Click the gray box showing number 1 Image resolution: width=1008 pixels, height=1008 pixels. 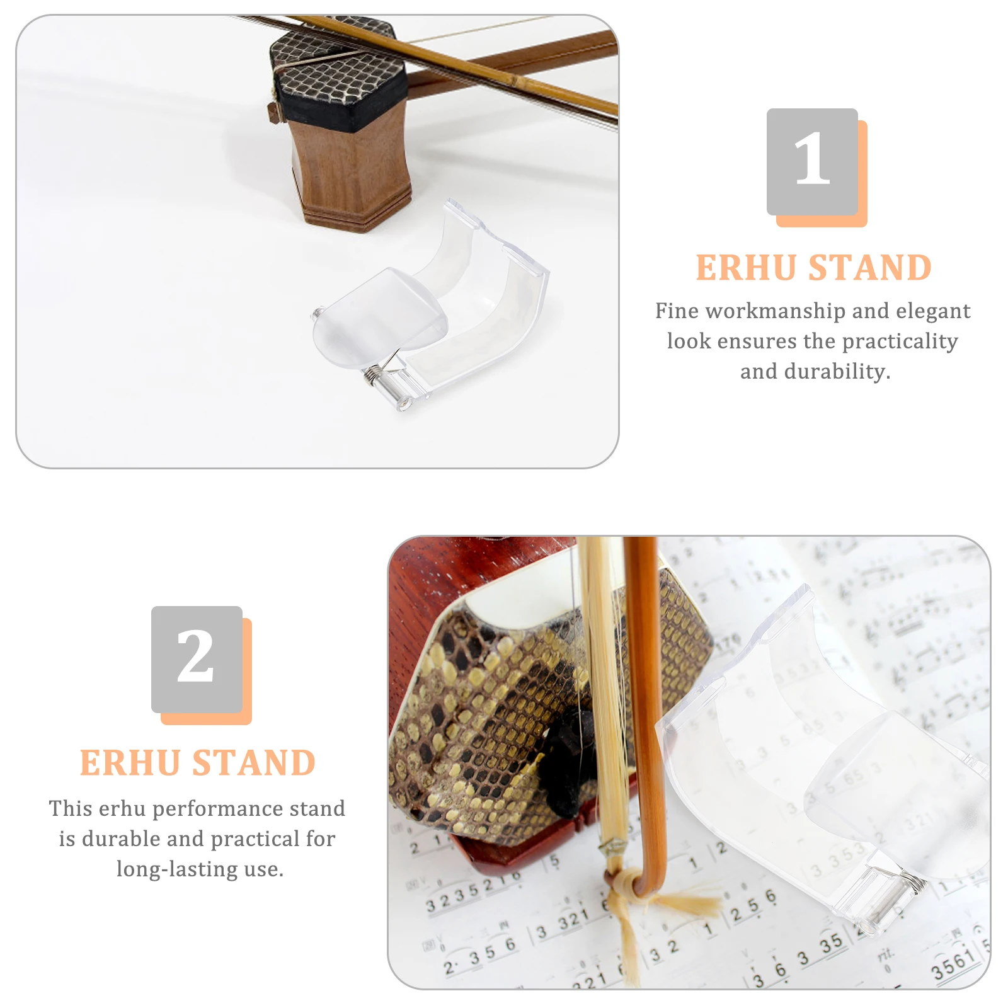click(811, 161)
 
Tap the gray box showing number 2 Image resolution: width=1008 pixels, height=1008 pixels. click(197, 659)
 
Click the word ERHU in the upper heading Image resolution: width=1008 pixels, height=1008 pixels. click(746, 268)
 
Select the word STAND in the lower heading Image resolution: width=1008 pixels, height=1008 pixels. click(254, 763)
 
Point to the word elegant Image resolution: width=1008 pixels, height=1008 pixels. click(933, 311)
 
